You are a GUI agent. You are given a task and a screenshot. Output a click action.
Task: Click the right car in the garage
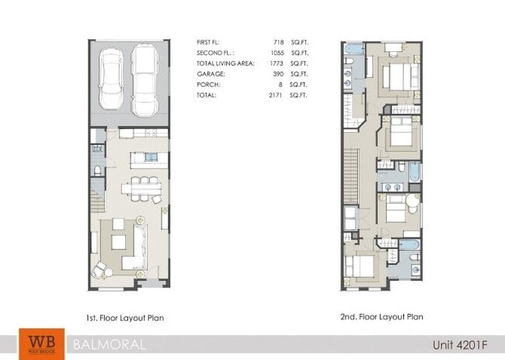(145, 79)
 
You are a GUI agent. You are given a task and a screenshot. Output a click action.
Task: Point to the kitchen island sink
(151, 159)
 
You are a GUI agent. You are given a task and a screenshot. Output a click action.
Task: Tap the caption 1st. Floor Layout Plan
(125, 317)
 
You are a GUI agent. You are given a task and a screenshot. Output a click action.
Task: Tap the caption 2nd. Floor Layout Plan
(382, 317)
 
